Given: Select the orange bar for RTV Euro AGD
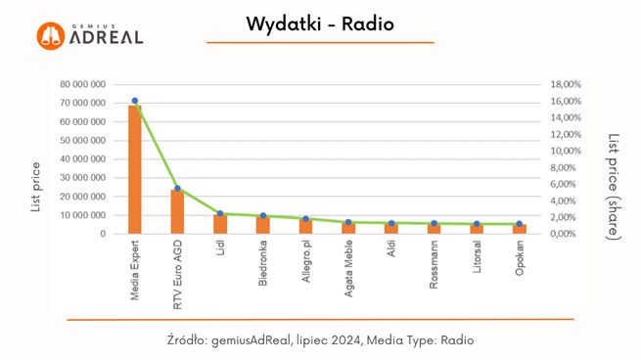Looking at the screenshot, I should [177, 212].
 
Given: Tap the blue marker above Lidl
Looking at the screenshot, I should [220, 213].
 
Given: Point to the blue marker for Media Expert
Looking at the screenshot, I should [134, 101].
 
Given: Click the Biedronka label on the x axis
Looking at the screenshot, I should [263, 264].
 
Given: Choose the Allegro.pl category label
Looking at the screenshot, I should [305, 263].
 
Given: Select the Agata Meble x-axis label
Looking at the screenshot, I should [348, 268].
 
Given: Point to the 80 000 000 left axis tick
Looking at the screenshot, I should [82, 85].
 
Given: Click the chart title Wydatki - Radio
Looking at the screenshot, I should [319, 23].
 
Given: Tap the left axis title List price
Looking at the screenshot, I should [36, 187].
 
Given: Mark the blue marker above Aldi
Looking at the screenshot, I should [391, 223].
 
